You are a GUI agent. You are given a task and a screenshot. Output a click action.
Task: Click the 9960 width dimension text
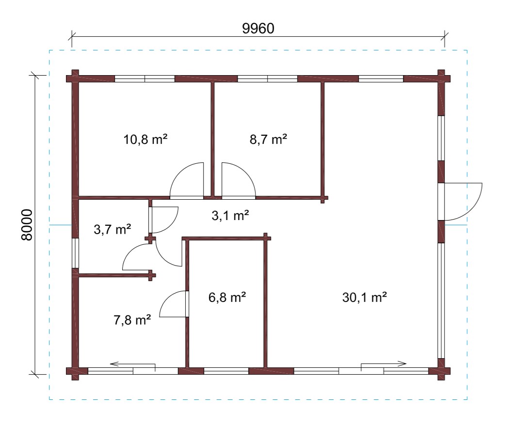tap(258, 29)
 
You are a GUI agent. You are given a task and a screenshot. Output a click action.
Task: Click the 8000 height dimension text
tap(27, 225)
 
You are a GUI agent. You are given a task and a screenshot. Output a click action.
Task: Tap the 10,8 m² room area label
tap(146, 140)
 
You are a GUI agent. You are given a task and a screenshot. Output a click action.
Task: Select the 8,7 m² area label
tap(268, 140)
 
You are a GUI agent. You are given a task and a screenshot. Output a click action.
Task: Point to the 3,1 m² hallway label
tap(230, 215)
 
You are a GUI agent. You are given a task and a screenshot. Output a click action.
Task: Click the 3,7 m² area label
tap(112, 229)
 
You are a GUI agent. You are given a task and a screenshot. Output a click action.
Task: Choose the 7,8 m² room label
tap(132, 320)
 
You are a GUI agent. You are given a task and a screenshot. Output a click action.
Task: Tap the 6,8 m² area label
tap(228, 297)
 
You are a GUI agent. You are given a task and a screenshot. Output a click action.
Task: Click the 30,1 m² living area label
tap(365, 297)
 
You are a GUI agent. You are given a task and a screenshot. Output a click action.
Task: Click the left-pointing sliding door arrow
tap(132, 364)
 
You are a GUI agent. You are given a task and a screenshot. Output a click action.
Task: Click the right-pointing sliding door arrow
tap(384, 364)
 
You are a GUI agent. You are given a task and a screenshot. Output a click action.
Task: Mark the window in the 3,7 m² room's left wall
tap(75, 253)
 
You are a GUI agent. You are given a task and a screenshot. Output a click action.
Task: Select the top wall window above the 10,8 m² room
tap(145, 79)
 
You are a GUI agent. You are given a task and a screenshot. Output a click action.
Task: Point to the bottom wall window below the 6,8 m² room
tap(226, 371)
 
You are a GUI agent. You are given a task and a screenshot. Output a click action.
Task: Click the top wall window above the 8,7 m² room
tap(267, 79)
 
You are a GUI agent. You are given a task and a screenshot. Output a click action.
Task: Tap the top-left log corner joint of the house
tap(75, 79)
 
